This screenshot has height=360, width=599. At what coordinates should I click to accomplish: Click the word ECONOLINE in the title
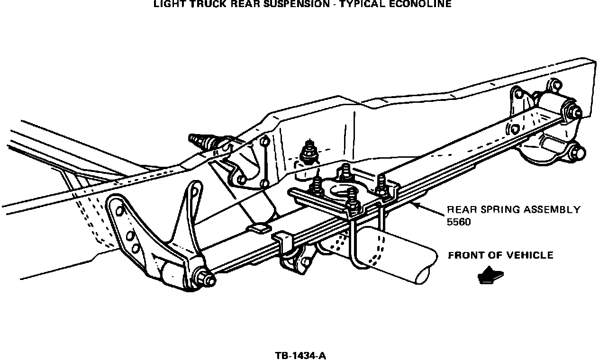(x=421, y=4)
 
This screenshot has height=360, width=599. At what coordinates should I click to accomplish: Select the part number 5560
(x=459, y=222)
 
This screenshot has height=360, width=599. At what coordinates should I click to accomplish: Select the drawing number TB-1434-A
(x=300, y=356)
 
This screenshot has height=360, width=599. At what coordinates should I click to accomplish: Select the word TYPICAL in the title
(x=367, y=4)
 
